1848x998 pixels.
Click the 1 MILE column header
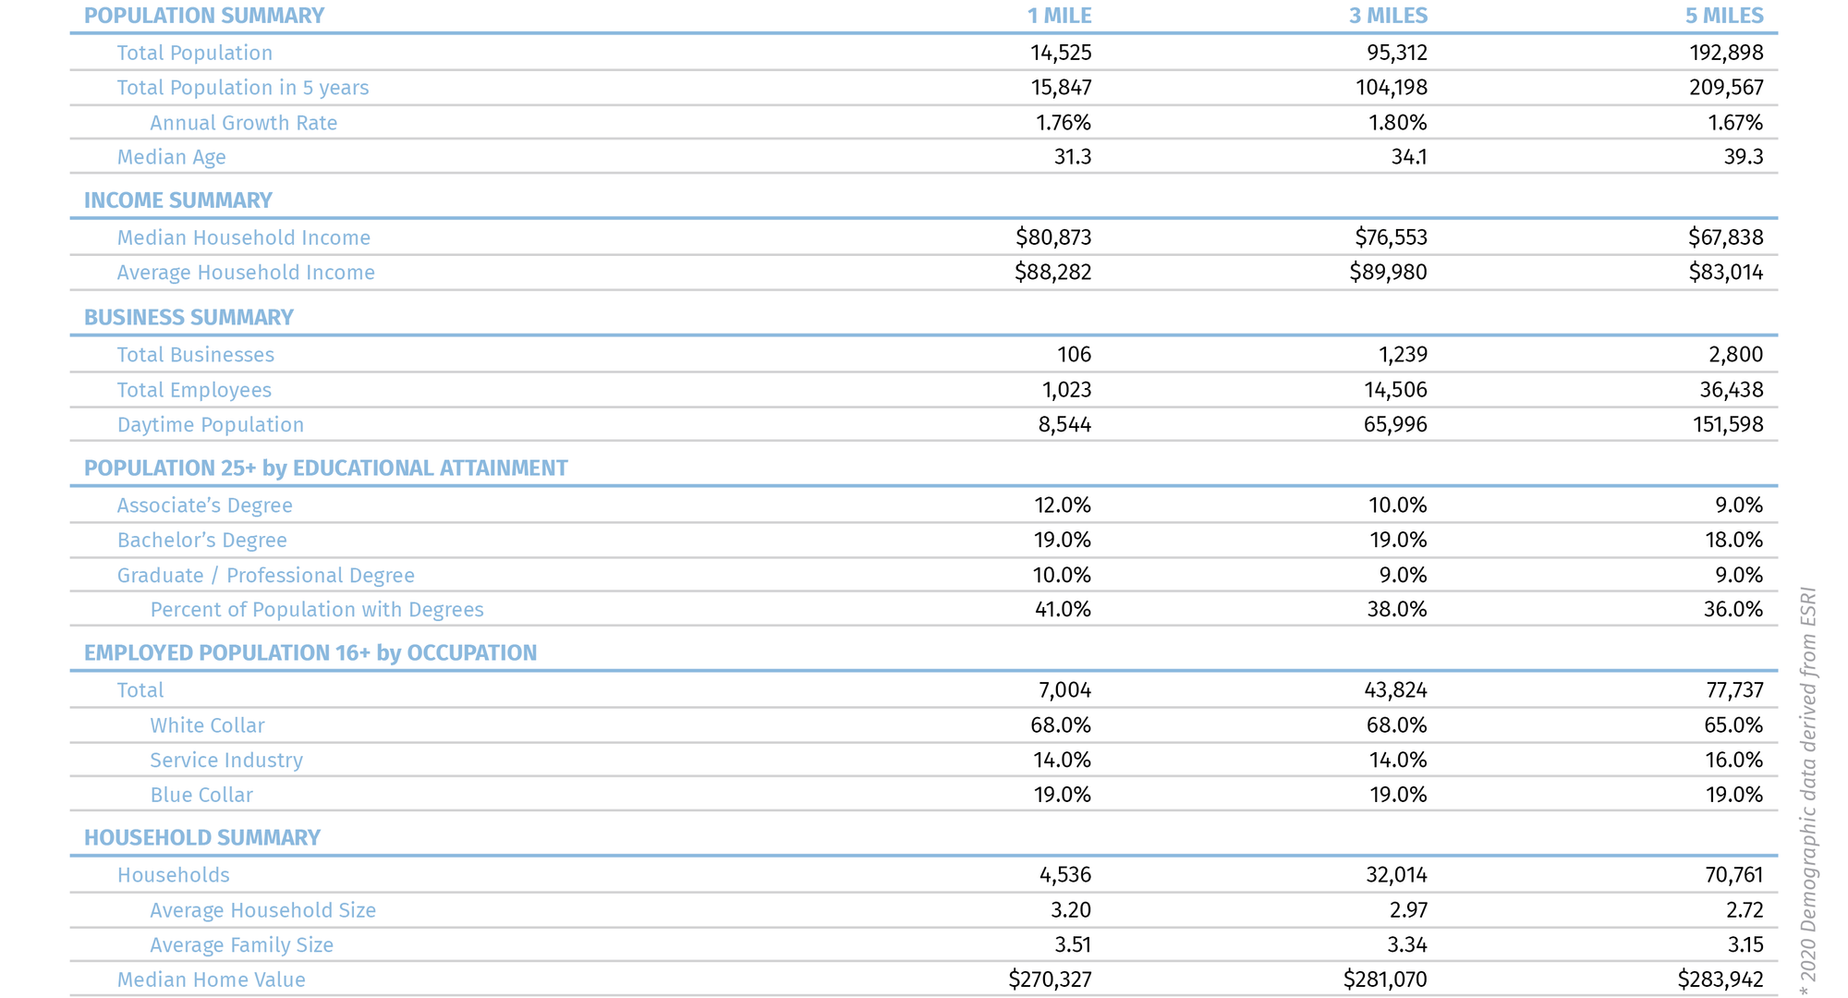pyautogui.click(x=1059, y=16)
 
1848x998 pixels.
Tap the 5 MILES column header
pyautogui.click(x=1724, y=16)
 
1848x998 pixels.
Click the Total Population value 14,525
pyautogui.click(x=1061, y=53)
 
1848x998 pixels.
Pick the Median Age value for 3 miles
pyautogui.click(x=1408, y=157)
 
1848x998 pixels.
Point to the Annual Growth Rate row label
pyautogui.click(x=243, y=123)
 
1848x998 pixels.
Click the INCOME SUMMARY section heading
pyautogui.click(x=178, y=201)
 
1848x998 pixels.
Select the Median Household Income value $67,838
pyautogui.click(x=1725, y=237)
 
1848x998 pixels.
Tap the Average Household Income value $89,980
pyautogui.click(x=1388, y=273)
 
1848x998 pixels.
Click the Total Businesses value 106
pyautogui.click(x=1074, y=355)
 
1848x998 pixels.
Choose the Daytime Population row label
pyautogui.click(x=210, y=425)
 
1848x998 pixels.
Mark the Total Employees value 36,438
pyautogui.click(x=1731, y=390)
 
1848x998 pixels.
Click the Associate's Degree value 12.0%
pyautogui.click(x=1062, y=505)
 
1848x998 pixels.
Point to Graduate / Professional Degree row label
pyautogui.click(x=265, y=576)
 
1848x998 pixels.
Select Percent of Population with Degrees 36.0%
pyautogui.click(x=1732, y=610)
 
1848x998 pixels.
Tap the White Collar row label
pyautogui.click(x=207, y=725)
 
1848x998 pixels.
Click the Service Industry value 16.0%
pyautogui.click(x=1733, y=761)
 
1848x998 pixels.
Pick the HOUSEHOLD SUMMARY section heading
pyautogui.click(x=202, y=838)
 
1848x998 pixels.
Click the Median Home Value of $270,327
pyautogui.click(x=1050, y=980)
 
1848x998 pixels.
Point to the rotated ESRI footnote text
pyautogui.click(x=1808, y=790)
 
